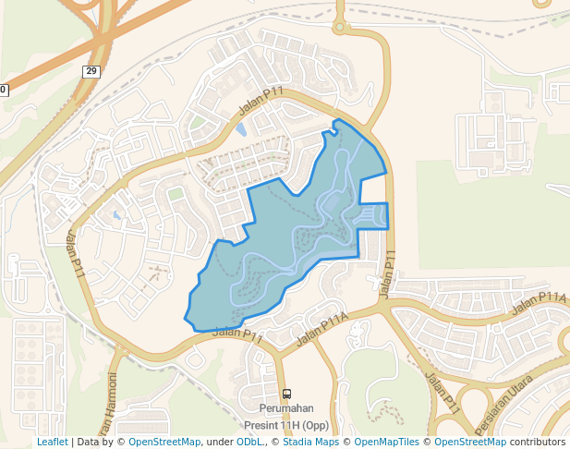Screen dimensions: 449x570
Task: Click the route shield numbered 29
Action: click(x=91, y=72)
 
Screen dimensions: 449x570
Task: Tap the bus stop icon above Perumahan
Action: click(x=286, y=394)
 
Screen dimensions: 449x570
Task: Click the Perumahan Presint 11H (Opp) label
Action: click(x=286, y=417)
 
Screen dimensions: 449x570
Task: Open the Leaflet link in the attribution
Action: click(x=52, y=443)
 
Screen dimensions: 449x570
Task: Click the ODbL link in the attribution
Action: click(x=249, y=443)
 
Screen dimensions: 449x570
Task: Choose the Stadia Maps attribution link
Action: click(x=307, y=443)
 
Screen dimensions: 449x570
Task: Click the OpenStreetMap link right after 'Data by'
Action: click(x=164, y=443)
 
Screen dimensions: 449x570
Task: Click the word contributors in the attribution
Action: click(x=538, y=443)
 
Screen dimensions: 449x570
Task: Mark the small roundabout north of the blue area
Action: click(x=339, y=27)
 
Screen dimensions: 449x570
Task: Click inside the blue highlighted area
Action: click(x=277, y=249)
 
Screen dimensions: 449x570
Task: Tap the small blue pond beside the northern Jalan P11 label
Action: click(x=241, y=129)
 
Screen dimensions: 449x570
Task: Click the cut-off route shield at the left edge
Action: click(x=3, y=90)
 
